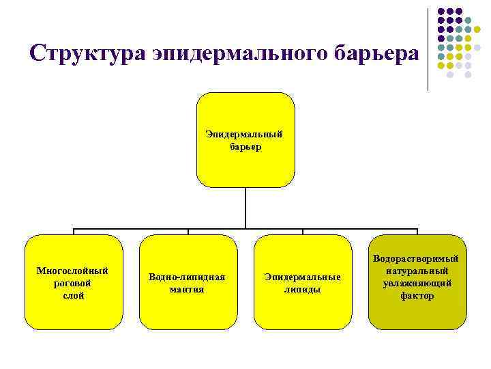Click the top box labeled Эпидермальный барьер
pos(245,164)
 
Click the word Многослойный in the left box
pos(72,271)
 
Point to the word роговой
pos(72,283)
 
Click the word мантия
pos(187,290)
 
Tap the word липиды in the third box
pos(302,290)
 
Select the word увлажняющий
pos(417,284)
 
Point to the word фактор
pos(417,296)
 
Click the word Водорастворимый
pos(417,259)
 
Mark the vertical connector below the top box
pos(245,208)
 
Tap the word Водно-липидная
pos(187,277)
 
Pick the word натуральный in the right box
pos(417,271)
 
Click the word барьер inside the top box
pos(245,146)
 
